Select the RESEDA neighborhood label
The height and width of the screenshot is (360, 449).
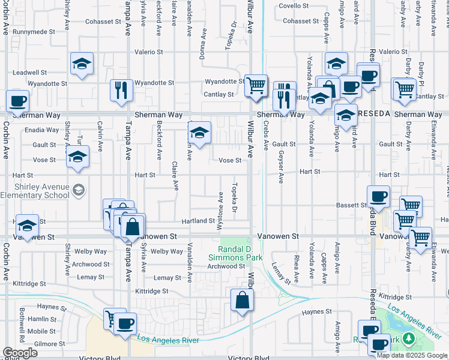pos(375,113)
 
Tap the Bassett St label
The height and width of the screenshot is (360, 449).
pos(352,205)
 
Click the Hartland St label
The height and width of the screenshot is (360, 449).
pos(198,221)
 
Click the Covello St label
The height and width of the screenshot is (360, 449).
pos(294,6)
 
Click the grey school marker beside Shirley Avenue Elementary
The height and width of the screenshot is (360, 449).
pos(78,191)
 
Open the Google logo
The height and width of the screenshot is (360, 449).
pos(20,352)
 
